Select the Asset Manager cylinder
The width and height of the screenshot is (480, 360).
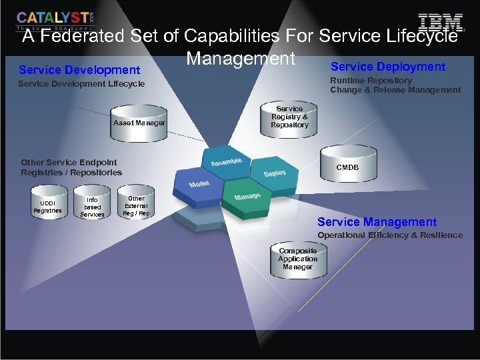[139, 123]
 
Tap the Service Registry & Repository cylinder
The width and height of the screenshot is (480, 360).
[289, 117]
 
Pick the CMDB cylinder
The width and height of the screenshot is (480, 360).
[347, 167]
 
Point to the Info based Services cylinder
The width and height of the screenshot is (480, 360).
[92, 207]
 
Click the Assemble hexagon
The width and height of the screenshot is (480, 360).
[227, 162]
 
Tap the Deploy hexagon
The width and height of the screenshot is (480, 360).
[274, 173]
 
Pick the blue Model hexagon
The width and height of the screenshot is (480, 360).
[199, 183]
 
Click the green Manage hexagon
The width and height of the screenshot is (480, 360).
[247, 196]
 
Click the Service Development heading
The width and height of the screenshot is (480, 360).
[79, 70]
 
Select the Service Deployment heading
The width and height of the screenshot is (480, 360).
[387, 67]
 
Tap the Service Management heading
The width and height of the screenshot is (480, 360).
[377, 222]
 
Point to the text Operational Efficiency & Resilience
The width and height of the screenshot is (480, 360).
[389, 235]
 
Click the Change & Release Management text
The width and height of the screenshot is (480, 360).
[395, 90]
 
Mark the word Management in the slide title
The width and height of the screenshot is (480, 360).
[240, 59]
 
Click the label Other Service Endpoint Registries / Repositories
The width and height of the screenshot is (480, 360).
[71, 167]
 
